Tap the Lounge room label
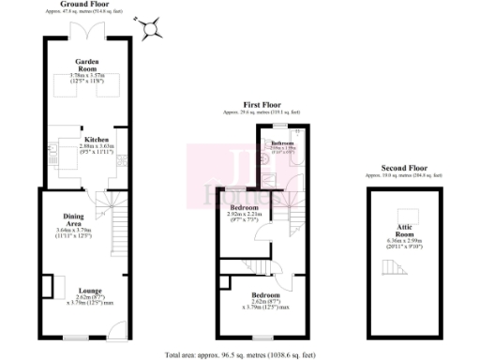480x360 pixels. point(90,291)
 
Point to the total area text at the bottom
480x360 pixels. point(240,354)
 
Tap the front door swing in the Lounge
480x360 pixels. point(115,328)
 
